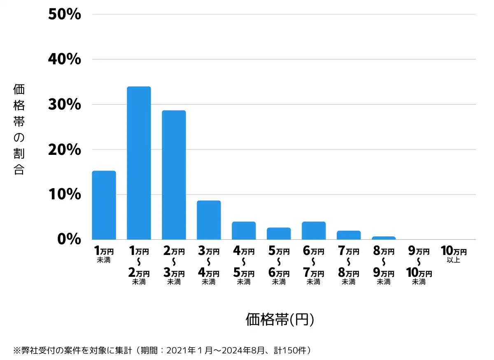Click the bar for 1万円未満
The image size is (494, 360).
tap(104, 205)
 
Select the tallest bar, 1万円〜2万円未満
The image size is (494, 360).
tap(139, 163)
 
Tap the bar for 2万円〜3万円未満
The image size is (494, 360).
tap(174, 175)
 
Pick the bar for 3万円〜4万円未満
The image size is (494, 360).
tap(209, 220)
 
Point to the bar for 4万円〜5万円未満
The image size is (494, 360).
tap(244, 230)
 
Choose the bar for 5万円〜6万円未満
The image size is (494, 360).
tap(279, 233)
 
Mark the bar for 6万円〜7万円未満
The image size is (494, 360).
tap(314, 230)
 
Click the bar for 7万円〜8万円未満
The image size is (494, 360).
tap(349, 235)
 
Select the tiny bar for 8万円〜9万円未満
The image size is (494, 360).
tap(384, 238)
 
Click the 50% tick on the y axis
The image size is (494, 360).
tap(65, 14)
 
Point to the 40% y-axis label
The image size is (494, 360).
tap(65, 59)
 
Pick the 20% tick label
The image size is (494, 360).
tap(65, 150)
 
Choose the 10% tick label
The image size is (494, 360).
tap(65, 194)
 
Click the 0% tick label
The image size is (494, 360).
tap(70, 239)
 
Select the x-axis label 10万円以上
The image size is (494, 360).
tap(454, 254)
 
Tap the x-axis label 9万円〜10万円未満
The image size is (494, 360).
tap(419, 266)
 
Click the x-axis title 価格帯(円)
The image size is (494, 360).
tap(280, 320)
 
